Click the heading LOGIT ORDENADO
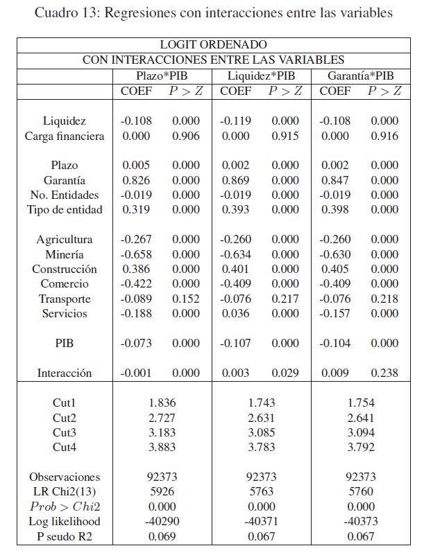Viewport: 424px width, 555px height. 213,45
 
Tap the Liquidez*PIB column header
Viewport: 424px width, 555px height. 261,76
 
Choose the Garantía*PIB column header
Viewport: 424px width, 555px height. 360,76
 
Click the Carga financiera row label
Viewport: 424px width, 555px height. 65,136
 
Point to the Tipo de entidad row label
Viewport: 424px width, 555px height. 65,210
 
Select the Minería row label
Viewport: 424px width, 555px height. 65,254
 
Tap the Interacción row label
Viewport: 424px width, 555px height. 65,373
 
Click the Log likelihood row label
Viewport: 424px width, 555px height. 65,522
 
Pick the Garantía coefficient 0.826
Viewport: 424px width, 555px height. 136,180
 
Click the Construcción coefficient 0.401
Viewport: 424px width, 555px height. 235,270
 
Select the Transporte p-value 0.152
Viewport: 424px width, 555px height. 185,299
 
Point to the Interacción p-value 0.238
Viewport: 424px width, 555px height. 384,373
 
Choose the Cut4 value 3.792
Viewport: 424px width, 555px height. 360,448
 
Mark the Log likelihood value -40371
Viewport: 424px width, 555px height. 261,522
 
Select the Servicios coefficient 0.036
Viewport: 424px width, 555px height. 235,314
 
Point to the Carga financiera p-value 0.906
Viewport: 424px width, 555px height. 185,136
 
